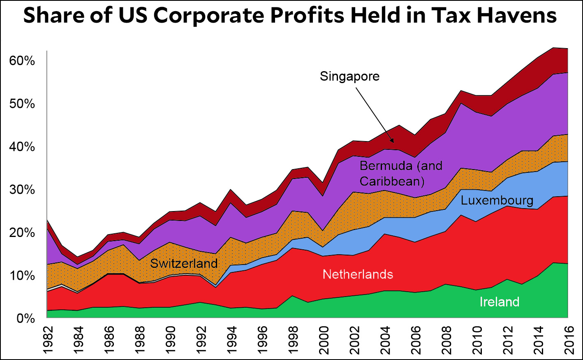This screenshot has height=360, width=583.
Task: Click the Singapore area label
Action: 349,77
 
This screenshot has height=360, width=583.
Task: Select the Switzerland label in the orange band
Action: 184,263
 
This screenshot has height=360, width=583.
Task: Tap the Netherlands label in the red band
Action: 358,274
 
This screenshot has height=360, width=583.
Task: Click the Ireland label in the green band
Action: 499,302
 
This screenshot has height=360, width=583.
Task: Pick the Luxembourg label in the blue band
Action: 497,200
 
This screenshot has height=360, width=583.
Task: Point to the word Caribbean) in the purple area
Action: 392,181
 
